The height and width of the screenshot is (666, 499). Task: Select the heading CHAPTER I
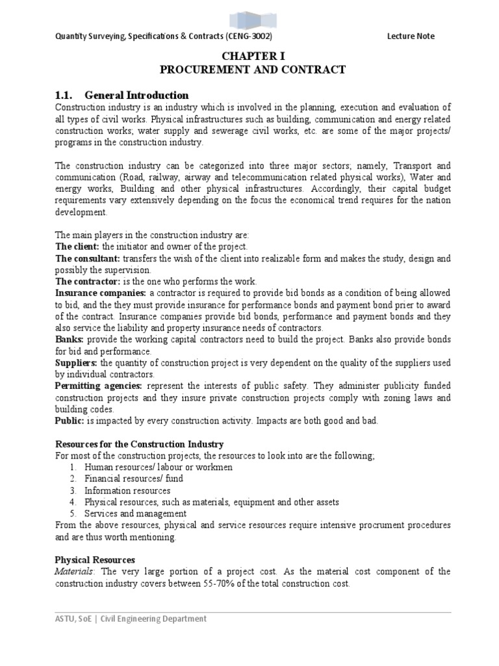point(249,57)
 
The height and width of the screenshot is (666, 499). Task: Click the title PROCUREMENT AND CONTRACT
point(249,70)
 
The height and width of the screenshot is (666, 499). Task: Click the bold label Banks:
point(70,340)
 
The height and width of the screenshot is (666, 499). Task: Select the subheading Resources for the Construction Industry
point(139,444)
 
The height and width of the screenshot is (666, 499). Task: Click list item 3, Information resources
point(127,490)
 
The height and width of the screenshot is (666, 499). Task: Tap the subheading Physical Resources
point(95,559)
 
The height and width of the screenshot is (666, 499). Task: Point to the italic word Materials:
point(75,571)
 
